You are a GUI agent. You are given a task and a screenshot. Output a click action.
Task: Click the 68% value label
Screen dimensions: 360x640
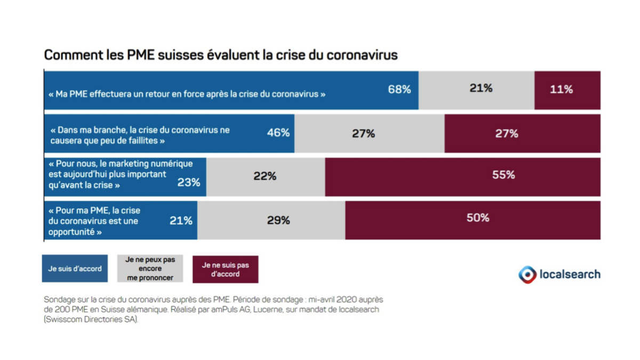point(399,89)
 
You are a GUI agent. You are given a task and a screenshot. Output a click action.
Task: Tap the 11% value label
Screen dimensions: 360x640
point(561,89)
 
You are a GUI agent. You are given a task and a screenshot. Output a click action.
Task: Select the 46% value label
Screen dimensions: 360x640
point(278,133)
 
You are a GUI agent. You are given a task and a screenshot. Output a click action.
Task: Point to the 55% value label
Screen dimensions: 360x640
point(503,174)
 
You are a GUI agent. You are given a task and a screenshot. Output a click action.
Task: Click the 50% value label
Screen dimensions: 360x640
point(478,218)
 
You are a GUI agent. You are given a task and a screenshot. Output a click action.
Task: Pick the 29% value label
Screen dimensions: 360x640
point(278,220)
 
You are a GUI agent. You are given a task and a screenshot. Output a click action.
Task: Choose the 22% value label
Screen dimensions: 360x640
point(265,176)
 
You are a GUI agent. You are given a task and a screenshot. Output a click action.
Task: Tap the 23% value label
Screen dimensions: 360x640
point(189,182)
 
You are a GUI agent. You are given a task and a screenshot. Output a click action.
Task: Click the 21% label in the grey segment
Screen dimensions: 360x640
point(481,88)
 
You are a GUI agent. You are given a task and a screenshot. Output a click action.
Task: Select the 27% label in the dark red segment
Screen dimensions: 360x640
point(507,133)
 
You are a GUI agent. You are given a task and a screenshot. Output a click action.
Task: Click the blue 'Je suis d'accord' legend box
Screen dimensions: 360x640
point(75,269)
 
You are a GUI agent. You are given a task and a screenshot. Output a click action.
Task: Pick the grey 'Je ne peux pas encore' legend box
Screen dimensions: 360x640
point(150,269)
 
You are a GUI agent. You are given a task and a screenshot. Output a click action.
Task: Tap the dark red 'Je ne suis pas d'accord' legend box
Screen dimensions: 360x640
point(225,269)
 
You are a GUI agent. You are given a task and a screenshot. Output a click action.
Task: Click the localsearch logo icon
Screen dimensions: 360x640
point(527,275)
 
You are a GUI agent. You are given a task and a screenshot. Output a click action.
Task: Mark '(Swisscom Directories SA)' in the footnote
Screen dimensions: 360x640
point(91,319)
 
